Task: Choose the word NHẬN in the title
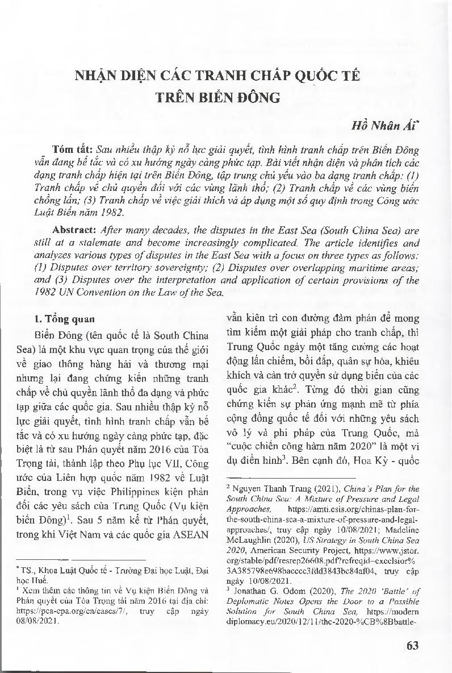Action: point(97,76)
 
